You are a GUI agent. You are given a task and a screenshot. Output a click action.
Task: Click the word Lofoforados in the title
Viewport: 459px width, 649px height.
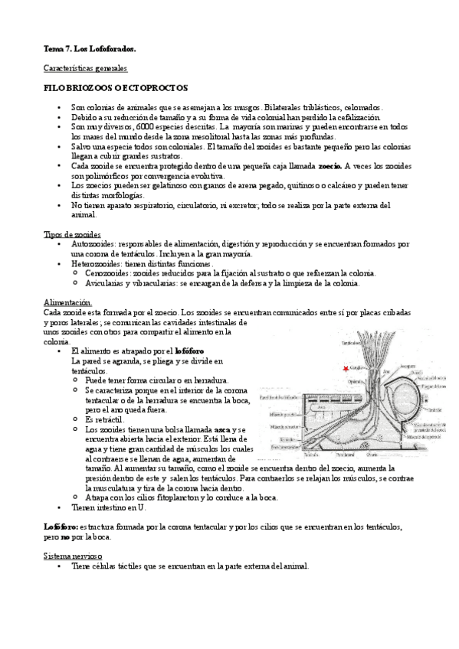111,49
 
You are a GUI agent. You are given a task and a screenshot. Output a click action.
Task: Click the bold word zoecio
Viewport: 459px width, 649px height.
329,165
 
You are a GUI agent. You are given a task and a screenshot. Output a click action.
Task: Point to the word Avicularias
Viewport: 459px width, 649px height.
106,282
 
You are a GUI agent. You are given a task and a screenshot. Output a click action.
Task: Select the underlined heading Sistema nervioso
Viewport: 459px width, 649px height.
74,556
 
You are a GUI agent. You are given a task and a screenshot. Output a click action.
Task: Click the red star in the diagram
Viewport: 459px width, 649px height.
346,370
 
